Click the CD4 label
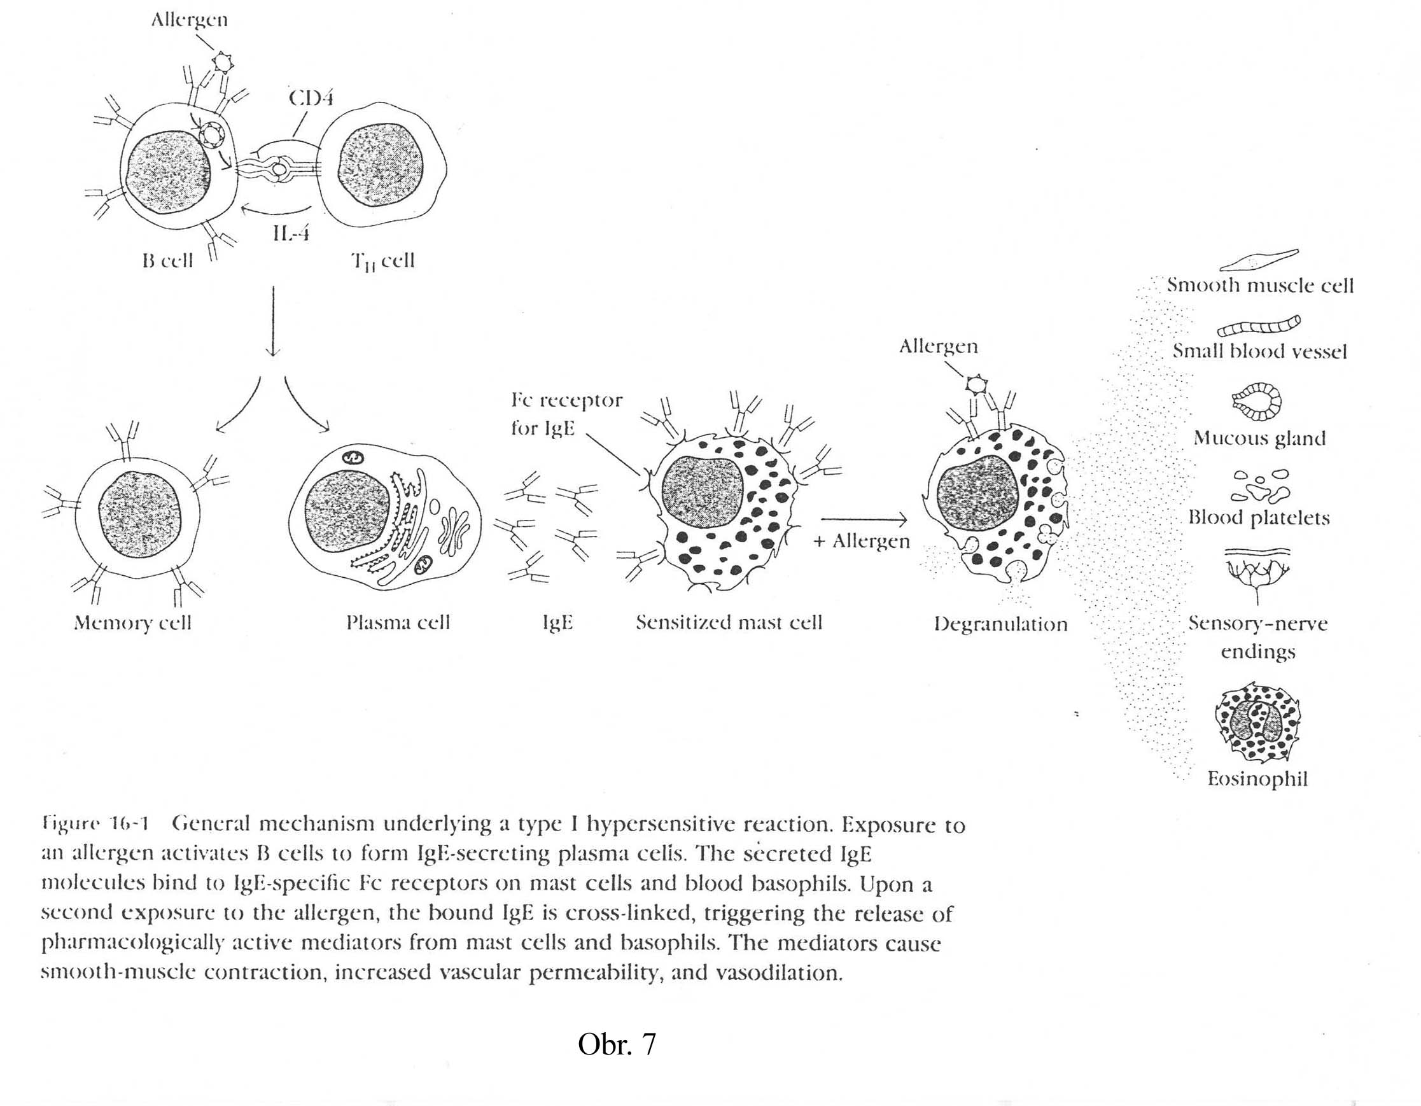(311, 98)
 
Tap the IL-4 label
(290, 232)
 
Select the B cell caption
(168, 261)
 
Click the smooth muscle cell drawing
(1258, 260)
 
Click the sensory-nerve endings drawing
(1257, 573)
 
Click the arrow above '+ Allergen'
(864, 519)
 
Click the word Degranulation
(1000, 624)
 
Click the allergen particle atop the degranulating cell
(975, 384)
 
